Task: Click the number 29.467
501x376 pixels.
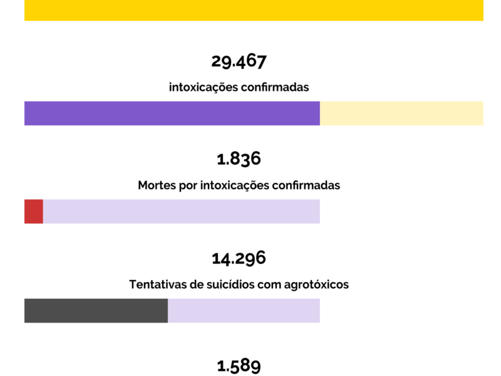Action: pyautogui.click(x=239, y=61)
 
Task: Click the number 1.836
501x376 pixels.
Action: pyautogui.click(x=239, y=159)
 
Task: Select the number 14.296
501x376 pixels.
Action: pyautogui.click(x=239, y=258)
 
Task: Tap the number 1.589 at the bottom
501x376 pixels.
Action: pyautogui.click(x=239, y=366)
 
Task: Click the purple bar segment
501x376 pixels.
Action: pyautogui.click(x=172, y=113)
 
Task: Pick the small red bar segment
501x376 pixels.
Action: pyautogui.click(x=33, y=211)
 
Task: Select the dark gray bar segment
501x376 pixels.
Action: pyautogui.click(x=96, y=310)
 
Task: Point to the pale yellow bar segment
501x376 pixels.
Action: pyautogui.click(x=401, y=113)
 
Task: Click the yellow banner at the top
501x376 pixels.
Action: pyautogui.click(x=254, y=10)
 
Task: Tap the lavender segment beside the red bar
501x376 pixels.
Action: pyautogui.click(x=181, y=211)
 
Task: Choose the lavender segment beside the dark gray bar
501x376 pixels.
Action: pyautogui.click(x=244, y=310)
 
